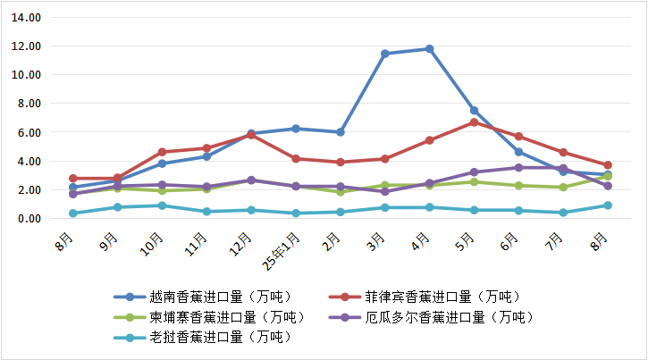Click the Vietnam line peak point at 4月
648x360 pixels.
429,48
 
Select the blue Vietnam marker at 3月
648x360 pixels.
384,54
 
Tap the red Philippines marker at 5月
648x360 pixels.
474,122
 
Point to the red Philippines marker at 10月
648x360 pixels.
162,152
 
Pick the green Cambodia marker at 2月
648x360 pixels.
340,192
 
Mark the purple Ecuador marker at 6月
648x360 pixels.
518,167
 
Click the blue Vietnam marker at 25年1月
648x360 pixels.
295,129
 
